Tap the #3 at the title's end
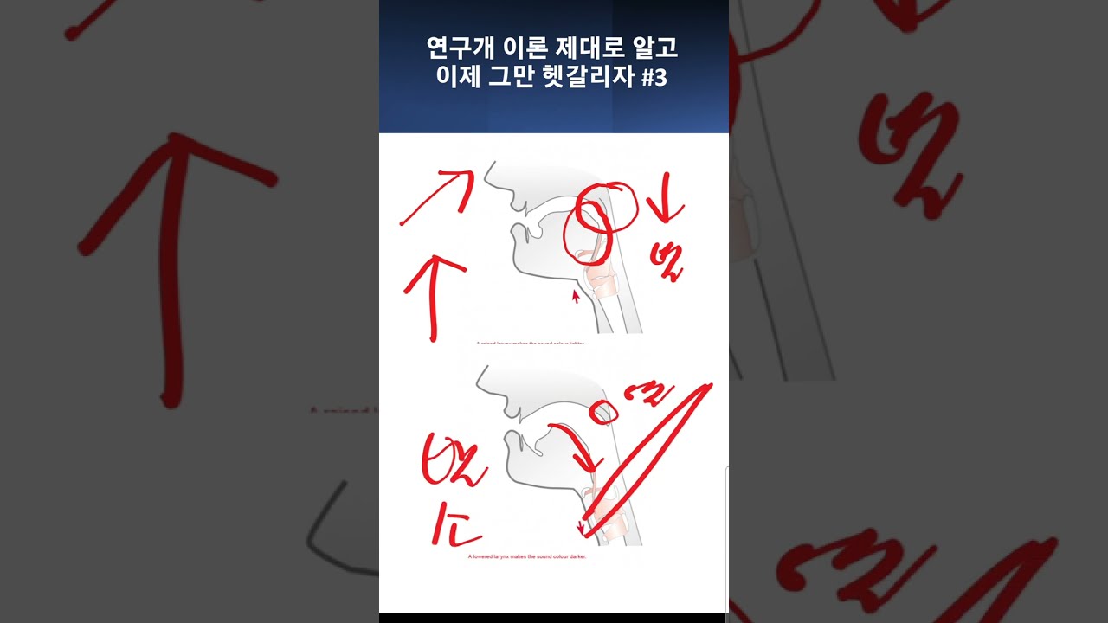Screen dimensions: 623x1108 point(655,78)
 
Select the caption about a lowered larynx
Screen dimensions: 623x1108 point(526,557)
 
